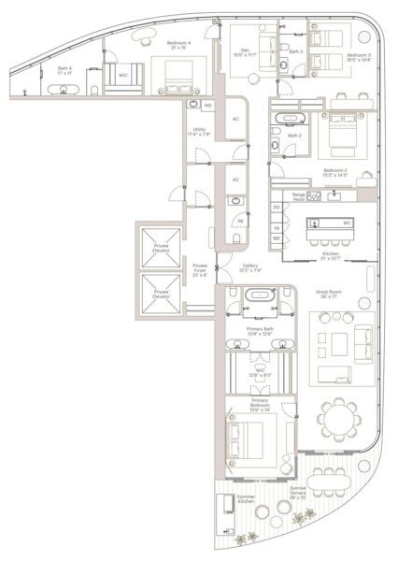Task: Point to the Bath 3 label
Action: click(295, 51)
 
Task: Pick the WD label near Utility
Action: click(206, 106)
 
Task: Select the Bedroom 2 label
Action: click(334, 172)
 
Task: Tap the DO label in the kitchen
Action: click(277, 207)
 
